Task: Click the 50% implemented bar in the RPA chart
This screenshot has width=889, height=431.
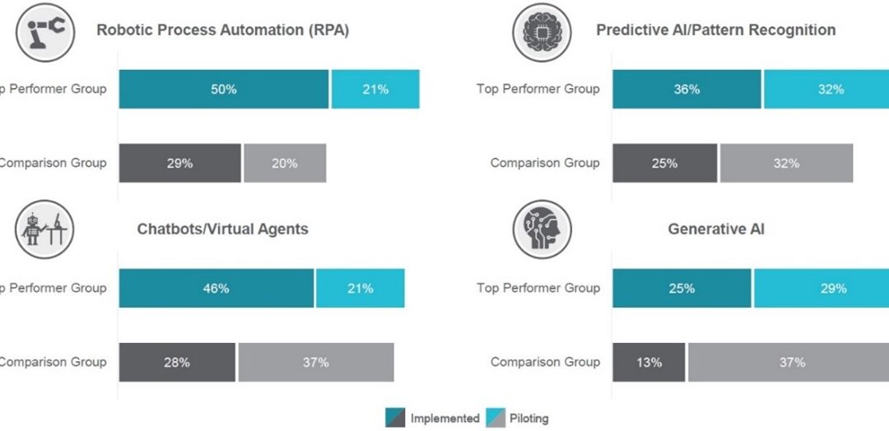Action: click(224, 89)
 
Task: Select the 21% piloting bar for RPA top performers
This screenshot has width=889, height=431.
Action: click(375, 89)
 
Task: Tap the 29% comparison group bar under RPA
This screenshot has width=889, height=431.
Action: click(179, 163)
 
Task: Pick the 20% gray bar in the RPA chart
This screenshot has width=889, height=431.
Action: click(285, 163)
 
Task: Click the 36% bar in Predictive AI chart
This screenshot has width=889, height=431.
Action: click(687, 89)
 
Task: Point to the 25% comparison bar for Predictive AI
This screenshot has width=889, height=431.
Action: click(664, 163)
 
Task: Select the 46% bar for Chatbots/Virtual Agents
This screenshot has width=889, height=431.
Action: click(216, 288)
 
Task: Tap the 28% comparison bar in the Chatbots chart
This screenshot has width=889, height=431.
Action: click(177, 362)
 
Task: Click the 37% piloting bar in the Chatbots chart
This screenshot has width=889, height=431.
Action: click(315, 362)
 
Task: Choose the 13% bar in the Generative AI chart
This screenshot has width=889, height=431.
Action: click(649, 362)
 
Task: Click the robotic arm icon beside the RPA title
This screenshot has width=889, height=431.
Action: click(46, 30)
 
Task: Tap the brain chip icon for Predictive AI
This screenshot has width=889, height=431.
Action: click(541, 30)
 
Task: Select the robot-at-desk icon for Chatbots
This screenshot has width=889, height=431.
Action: click(46, 229)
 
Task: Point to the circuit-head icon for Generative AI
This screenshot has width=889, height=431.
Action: click(541, 229)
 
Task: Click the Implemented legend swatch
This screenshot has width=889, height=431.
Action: click(395, 418)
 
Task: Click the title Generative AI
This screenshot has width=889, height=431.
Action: click(715, 229)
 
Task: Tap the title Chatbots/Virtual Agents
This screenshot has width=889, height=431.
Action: click(222, 229)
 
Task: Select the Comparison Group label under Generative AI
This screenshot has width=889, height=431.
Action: click(545, 362)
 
